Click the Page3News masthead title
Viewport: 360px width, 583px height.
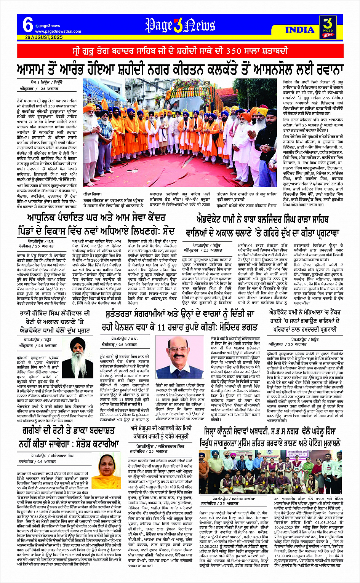[180, 26]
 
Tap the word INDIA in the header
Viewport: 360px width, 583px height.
[299, 30]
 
